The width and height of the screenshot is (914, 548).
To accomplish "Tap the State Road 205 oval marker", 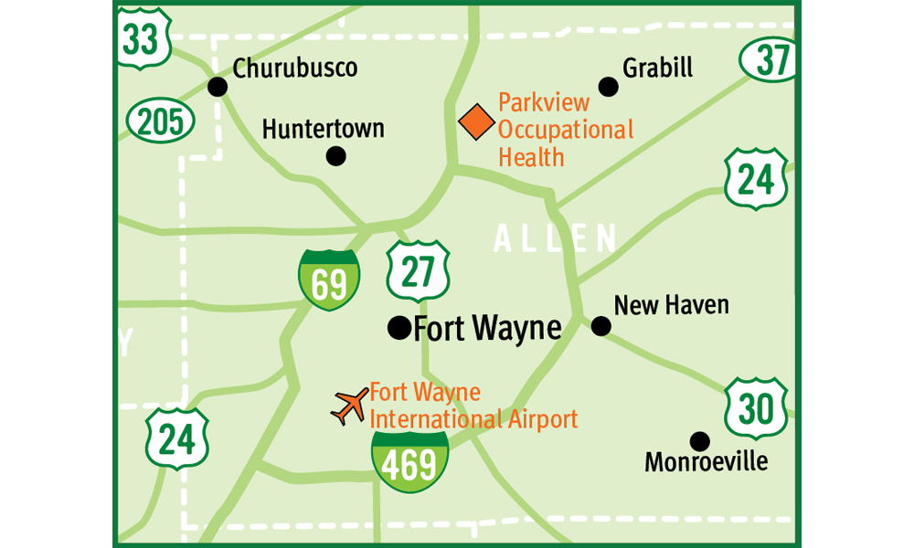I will [x=160, y=120].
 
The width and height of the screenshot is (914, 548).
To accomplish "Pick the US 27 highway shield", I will [x=417, y=271].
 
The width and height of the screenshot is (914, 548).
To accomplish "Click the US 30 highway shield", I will [x=756, y=408].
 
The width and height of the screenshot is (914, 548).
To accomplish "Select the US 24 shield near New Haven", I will [x=755, y=179].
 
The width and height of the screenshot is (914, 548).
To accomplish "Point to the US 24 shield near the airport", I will [x=177, y=437].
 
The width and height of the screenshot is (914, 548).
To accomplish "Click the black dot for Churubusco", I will [x=218, y=87].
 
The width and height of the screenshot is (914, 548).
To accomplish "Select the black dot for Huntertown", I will [x=336, y=156].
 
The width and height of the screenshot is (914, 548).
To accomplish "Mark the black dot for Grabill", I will [x=608, y=87].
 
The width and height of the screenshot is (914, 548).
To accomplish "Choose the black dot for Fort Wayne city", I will [x=399, y=328].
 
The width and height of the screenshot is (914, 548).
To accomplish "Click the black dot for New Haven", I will [x=600, y=326].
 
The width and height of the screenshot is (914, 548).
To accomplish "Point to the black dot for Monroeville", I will [x=699, y=441].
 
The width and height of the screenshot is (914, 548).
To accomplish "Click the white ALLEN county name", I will [x=556, y=238].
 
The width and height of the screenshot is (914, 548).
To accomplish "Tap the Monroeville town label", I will [x=706, y=462].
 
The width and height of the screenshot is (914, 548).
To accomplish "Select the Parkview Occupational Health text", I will [x=565, y=129].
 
